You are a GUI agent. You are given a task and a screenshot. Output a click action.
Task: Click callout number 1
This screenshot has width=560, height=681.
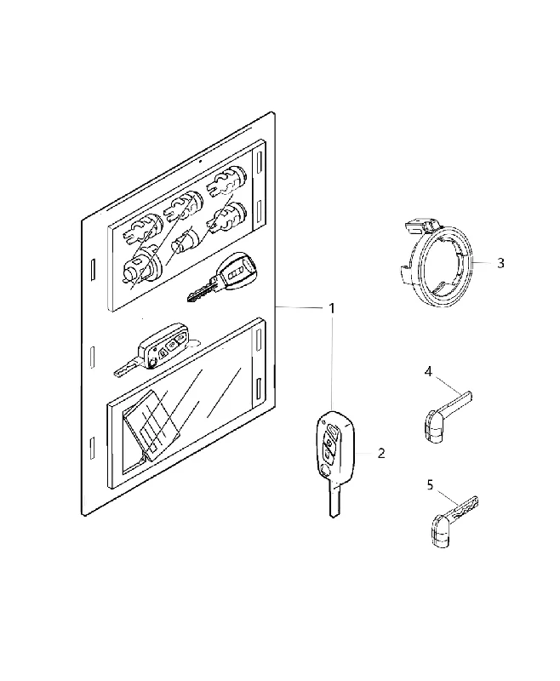coord(332,309)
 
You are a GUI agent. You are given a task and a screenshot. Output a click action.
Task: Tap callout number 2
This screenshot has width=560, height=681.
coord(381,454)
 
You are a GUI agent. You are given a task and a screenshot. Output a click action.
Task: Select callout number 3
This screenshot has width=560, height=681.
coord(500,263)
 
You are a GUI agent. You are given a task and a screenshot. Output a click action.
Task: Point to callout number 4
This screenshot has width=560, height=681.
coord(428,372)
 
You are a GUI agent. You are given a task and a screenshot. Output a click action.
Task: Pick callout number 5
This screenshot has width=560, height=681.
coord(430,484)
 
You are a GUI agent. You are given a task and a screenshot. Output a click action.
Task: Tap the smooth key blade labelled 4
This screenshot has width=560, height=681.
coord(457,400)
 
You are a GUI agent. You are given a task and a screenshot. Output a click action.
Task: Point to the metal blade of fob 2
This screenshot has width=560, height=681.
coord(334,499)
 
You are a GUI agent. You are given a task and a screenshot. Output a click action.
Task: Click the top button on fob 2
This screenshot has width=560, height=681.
coord(333,432)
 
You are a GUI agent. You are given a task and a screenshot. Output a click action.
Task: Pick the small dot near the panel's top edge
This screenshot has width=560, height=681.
coord(200,162)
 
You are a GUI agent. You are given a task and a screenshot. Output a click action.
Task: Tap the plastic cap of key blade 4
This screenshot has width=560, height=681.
coord(434,428)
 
